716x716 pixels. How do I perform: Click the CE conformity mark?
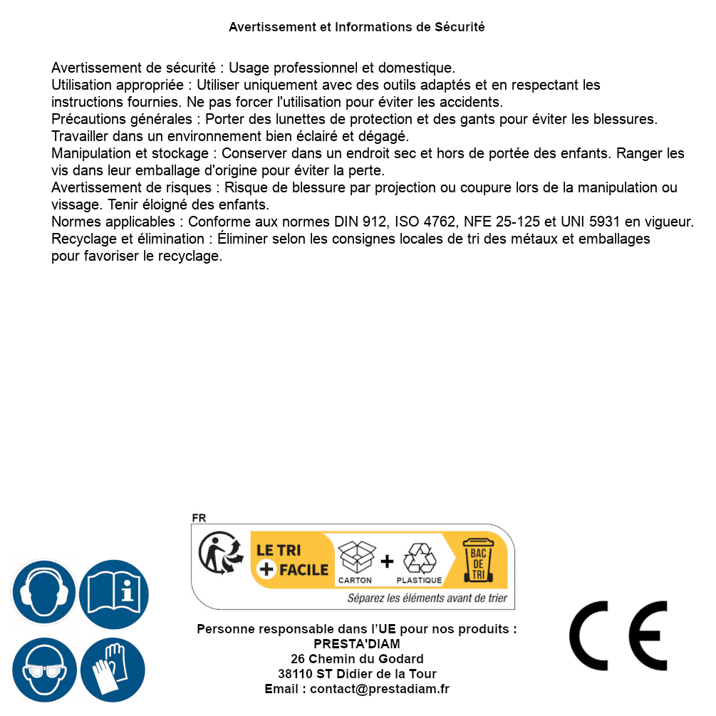tap(618, 635)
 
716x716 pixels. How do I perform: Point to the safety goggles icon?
tap(44, 670)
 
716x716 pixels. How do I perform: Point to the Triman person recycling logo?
tap(217, 554)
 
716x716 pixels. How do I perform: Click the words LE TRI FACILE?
tap(292, 559)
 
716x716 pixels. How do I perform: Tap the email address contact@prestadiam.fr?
tap(380, 689)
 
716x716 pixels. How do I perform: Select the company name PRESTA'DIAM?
tap(357, 644)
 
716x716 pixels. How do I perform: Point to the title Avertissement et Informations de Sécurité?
tap(357, 27)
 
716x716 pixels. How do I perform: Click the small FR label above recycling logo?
tap(199, 518)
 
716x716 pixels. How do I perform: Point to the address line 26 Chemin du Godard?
tap(357, 659)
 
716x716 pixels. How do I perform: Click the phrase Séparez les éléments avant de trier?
tap(427, 598)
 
